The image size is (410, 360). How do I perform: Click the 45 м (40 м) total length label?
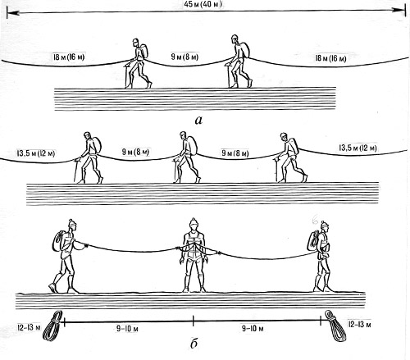tap(203, 4)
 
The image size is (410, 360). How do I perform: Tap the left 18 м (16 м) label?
tap(69, 57)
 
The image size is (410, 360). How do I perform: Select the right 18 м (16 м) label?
tap(330, 58)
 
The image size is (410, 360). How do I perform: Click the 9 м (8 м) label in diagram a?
tap(184, 57)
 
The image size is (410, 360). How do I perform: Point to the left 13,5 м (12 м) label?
tap(36, 153)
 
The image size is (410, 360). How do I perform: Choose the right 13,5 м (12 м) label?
tap(358, 148)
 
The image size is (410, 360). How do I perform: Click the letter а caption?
tap(198, 120)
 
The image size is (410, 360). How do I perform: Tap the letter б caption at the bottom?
tap(194, 344)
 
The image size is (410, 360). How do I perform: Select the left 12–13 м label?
tap(29, 327)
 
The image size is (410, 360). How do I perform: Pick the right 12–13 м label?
tap(360, 324)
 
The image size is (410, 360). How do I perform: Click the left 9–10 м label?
tap(127, 328)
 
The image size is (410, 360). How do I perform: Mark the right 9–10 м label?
tap(253, 328)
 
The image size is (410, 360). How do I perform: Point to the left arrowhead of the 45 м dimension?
tap(13, 12)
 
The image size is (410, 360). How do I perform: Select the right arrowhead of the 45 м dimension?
tap(399, 10)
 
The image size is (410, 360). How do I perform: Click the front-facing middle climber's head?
tap(194, 225)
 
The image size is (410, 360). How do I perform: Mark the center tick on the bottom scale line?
tap(194, 321)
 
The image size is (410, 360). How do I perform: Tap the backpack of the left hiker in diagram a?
tap(143, 51)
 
